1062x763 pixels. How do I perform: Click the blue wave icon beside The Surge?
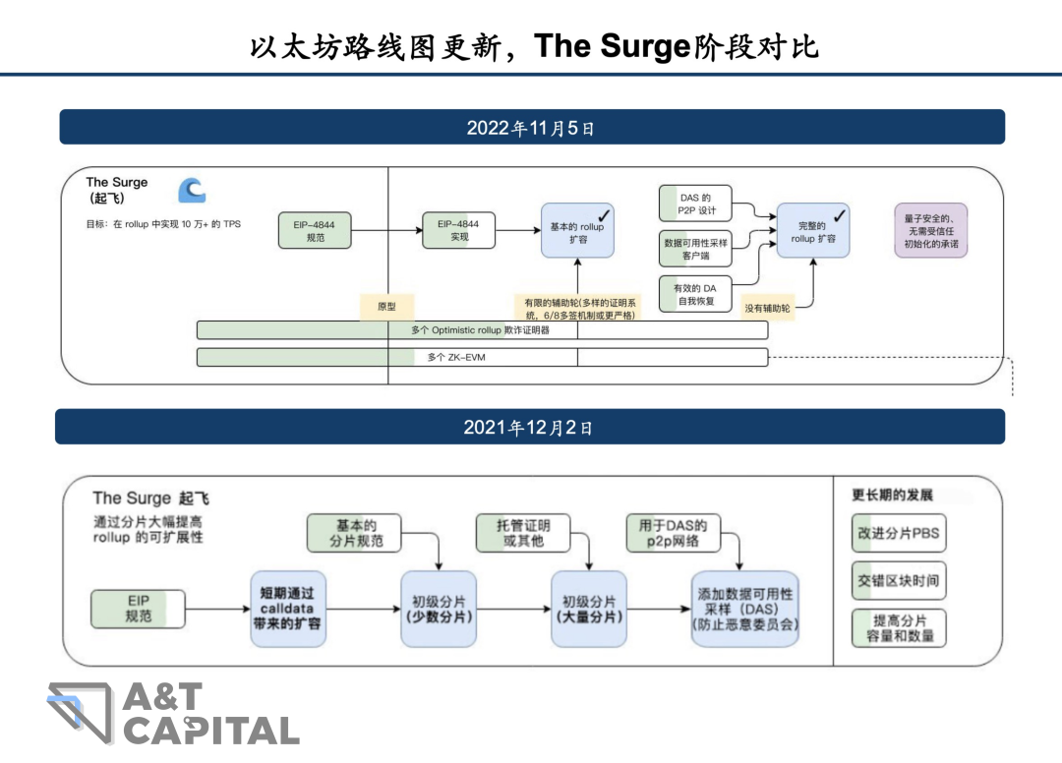pyautogui.click(x=192, y=190)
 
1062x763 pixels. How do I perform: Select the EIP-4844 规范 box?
pyautogui.click(x=315, y=230)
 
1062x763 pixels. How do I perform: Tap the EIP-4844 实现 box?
pyautogui.click(x=459, y=230)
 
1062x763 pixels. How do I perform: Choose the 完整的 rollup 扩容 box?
pyautogui.click(x=813, y=231)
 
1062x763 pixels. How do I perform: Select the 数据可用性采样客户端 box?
pyautogui.click(x=696, y=249)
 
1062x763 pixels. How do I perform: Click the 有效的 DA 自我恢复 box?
pyautogui.click(x=696, y=294)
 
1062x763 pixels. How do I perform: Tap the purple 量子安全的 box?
pyautogui.click(x=930, y=231)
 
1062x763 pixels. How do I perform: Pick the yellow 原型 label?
pyautogui.click(x=386, y=307)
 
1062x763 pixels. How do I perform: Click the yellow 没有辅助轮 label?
pyautogui.click(x=766, y=308)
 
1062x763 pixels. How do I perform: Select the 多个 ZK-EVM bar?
pyautogui.click(x=482, y=357)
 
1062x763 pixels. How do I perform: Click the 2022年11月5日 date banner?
pyautogui.click(x=531, y=128)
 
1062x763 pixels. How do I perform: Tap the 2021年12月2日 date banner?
pyautogui.click(x=531, y=428)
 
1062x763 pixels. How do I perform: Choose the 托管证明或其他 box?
pyautogui.click(x=523, y=533)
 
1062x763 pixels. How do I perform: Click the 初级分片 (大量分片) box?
pyautogui.click(x=589, y=608)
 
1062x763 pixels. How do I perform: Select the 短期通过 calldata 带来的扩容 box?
pyautogui.click(x=287, y=608)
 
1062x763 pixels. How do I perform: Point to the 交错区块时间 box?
pyautogui.click(x=899, y=580)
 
